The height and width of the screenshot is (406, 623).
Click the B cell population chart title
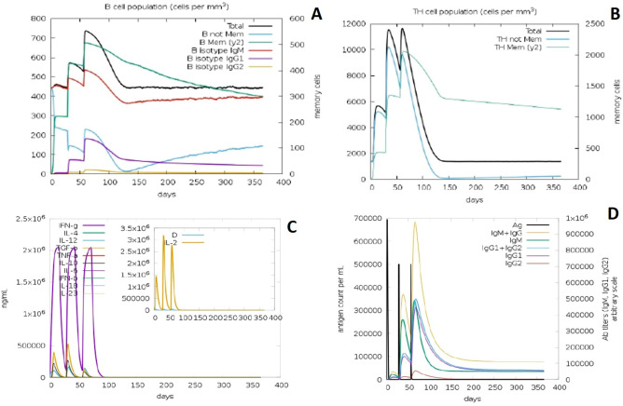point(149,7)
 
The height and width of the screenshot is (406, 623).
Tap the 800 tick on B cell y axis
point(35,19)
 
